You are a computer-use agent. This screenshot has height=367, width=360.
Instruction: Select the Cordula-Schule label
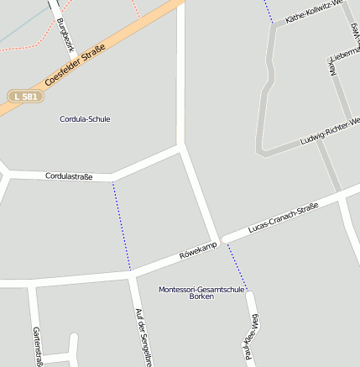click(85, 119)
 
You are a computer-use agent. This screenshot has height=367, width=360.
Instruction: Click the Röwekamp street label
click(198, 249)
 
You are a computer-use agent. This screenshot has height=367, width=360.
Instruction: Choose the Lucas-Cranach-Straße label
click(283, 218)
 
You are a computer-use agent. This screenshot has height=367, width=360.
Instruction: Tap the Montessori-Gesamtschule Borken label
click(201, 293)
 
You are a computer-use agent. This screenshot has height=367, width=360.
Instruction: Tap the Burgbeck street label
click(63, 35)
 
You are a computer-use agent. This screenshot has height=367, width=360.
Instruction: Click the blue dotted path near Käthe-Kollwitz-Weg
click(269, 11)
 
